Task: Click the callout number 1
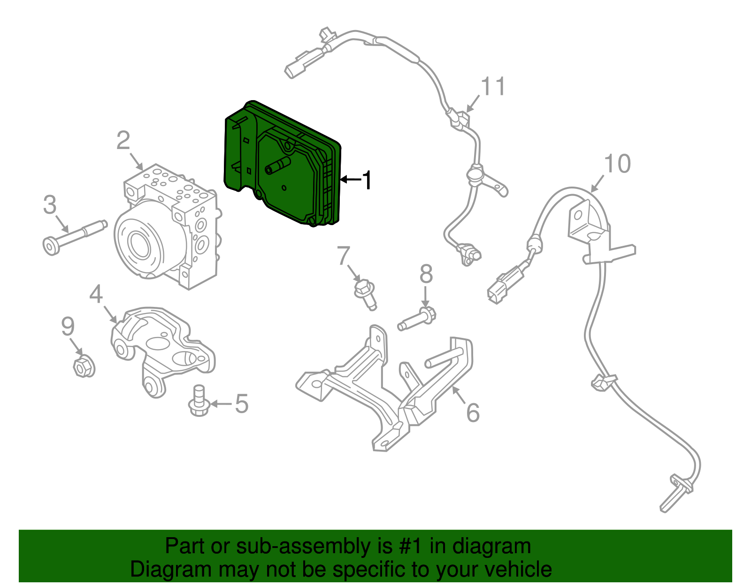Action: (366, 180)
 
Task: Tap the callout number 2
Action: (123, 141)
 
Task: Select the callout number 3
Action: (50, 204)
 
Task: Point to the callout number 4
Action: (96, 294)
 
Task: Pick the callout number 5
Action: (242, 404)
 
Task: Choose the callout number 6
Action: (473, 413)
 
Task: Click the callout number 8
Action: (426, 274)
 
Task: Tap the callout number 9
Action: (68, 326)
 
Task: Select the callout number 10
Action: (617, 164)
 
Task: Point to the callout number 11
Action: (493, 86)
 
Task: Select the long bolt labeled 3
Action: (75, 238)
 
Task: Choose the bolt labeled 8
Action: (417, 319)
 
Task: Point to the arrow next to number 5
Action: (221, 404)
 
